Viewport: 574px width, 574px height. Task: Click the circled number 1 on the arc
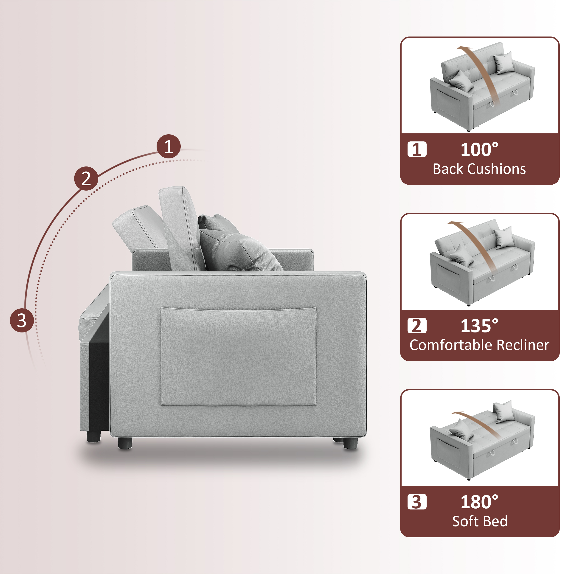[169, 146]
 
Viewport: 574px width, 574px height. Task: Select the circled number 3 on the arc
[22, 320]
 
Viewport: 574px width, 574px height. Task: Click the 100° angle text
[479, 149]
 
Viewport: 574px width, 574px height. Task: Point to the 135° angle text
[479, 326]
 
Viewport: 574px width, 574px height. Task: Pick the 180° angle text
[479, 502]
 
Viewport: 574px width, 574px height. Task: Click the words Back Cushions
[479, 169]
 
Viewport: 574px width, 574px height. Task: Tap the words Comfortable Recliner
[479, 345]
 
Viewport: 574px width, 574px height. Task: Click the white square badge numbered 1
[417, 149]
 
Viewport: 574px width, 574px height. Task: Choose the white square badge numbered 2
[417, 326]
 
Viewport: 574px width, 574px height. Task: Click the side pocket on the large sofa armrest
[238, 357]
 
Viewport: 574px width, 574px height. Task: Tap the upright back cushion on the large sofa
[180, 229]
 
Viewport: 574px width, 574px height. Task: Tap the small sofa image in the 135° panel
[482, 263]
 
